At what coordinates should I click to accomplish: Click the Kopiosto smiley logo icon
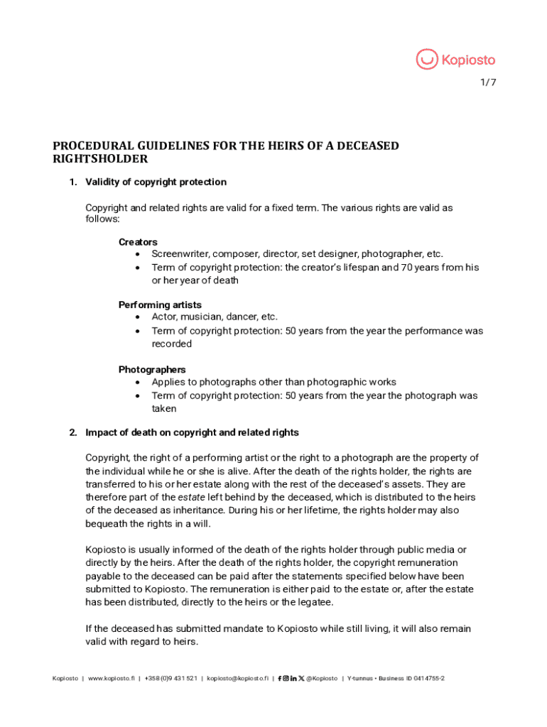(x=427, y=60)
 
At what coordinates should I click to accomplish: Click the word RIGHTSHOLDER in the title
(x=100, y=159)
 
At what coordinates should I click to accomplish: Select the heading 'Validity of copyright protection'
(x=156, y=182)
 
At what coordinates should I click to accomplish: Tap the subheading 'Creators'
(x=138, y=242)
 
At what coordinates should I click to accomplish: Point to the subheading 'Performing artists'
(x=160, y=305)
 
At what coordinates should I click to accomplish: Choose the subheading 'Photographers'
(x=152, y=369)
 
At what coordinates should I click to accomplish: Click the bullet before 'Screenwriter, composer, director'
(x=137, y=254)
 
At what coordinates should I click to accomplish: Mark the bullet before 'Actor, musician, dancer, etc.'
(x=137, y=317)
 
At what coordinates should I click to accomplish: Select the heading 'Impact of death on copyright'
(x=192, y=432)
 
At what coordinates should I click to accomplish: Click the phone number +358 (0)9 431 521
(x=170, y=679)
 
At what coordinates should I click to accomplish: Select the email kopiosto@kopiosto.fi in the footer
(x=237, y=679)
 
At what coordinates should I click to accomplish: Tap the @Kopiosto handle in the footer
(x=322, y=679)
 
